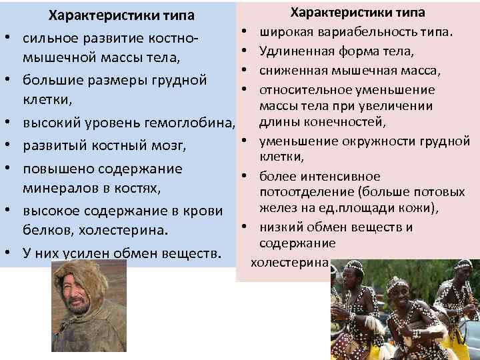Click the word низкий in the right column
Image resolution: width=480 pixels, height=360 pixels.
[x=281, y=227]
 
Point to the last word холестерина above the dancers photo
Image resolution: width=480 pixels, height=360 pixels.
[x=289, y=262]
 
